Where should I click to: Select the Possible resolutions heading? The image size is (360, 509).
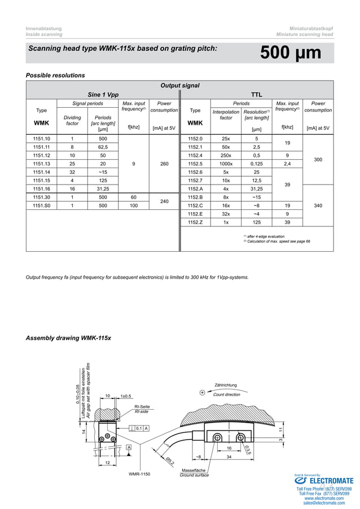(x=55, y=75)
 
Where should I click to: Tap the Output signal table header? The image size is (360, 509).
(x=179, y=86)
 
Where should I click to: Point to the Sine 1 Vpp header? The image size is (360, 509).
(x=103, y=95)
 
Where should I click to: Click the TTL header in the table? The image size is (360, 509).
(x=256, y=95)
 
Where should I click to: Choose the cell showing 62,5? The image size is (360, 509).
(x=103, y=147)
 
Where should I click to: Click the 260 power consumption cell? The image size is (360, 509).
(x=164, y=164)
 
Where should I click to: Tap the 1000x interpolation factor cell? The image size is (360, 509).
(x=226, y=164)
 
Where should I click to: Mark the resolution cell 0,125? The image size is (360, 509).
(x=256, y=164)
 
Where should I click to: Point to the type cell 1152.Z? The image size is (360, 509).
(x=195, y=223)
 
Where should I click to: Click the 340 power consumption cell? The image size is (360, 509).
(x=318, y=206)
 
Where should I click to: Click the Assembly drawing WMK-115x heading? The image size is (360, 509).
(x=68, y=338)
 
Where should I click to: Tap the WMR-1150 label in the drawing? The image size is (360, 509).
(x=139, y=474)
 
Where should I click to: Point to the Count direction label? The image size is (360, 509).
(x=226, y=394)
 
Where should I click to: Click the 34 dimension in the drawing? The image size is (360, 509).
(x=229, y=456)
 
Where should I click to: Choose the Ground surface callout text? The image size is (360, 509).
(x=194, y=475)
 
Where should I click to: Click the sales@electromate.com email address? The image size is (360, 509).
(x=324, y=503)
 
